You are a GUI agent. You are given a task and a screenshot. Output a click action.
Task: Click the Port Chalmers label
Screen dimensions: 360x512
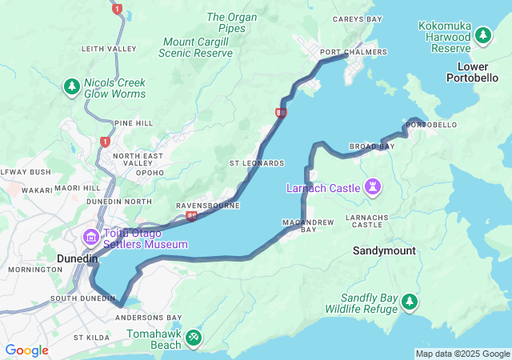tap(353, 53)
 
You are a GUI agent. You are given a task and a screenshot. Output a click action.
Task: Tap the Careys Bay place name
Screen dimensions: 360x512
tap(356, 18)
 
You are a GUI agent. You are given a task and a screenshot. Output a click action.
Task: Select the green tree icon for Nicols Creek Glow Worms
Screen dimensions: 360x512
tap(72, 85)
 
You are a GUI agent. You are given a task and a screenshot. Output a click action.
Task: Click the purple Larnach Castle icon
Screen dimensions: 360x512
tap(372, 187)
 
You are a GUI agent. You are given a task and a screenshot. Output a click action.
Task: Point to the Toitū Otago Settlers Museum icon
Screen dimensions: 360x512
tap(90, 238)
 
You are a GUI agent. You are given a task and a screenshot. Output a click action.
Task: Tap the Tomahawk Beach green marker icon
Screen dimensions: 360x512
tap(193, 338)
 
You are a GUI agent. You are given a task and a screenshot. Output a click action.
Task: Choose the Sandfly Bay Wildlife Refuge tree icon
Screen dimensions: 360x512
tap(409, 302)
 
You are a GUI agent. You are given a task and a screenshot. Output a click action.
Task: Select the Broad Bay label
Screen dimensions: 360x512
tap(372, 147)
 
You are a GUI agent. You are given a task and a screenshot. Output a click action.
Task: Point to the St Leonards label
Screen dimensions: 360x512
tap(257, 163)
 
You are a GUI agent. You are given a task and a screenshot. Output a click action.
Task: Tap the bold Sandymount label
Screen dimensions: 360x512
tap(384, 250)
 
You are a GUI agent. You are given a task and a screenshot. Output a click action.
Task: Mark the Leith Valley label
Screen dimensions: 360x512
tap(109, 49)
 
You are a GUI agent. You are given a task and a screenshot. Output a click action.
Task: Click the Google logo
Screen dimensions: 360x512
tap(26, 350)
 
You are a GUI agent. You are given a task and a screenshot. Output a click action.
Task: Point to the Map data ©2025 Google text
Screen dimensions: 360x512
tap(462, 354)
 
